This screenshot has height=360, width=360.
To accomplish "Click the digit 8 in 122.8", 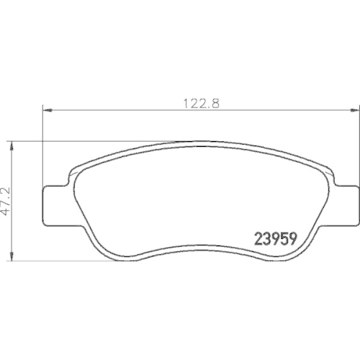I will point(214,103).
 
